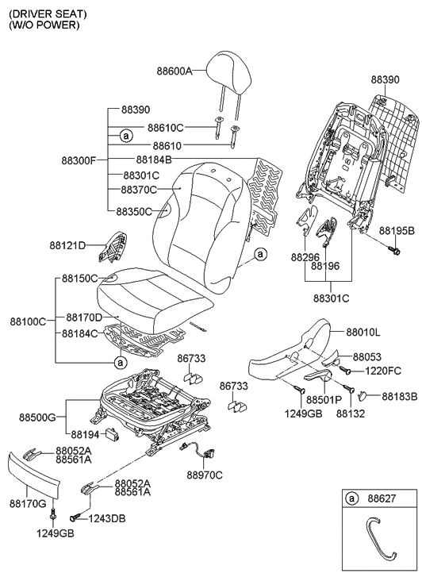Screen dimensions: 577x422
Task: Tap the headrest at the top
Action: point(230,61)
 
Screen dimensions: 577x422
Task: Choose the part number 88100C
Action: point(28,321)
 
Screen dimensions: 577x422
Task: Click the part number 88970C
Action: point(205,475)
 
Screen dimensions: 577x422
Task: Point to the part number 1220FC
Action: point(385,371)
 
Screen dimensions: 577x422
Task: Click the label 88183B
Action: point(399,395)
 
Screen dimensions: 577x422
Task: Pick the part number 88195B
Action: point(397,230)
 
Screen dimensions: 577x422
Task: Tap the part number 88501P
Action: point(323,400)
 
